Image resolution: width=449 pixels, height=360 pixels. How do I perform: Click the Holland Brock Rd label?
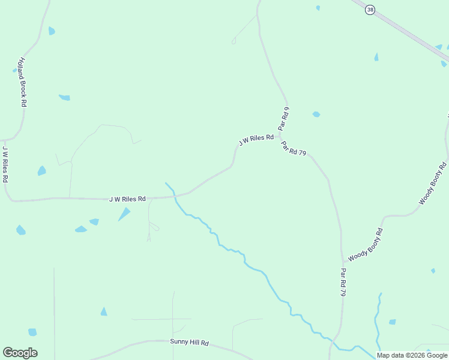pos(22,83)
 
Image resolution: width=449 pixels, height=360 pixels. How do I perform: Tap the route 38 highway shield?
pos(370,10)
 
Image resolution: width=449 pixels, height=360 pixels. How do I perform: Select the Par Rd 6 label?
pos(284,118)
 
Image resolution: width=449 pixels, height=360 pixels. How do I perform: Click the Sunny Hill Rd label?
pos(189,342)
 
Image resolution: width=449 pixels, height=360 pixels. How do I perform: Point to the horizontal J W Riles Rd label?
pos(127,199)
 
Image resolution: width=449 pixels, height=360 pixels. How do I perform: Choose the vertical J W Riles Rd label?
pos(5,164)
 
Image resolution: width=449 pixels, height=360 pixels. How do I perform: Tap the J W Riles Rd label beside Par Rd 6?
pos(256,140)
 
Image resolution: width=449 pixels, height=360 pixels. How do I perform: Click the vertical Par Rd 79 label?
pos(343,282)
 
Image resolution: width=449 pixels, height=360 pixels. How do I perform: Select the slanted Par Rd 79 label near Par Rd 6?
pos(294,148)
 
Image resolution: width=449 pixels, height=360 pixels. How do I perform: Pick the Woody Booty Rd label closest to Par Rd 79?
pos(365,244)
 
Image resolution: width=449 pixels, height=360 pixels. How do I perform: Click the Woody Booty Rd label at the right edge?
pos(433,183)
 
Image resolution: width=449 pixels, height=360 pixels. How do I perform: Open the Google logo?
pos(20,353)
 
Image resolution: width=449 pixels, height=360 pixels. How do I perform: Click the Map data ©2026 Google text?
pos(412,355)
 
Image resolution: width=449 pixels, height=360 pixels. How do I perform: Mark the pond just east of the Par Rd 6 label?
pos(316,114)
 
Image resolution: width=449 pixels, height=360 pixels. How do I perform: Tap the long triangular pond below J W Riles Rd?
pos(124,214)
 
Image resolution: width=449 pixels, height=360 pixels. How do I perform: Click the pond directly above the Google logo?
pos(32,332)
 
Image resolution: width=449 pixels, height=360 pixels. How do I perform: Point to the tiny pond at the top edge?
pos(318,8)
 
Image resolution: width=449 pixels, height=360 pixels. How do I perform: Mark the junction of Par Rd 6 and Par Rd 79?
pos(280,136)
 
